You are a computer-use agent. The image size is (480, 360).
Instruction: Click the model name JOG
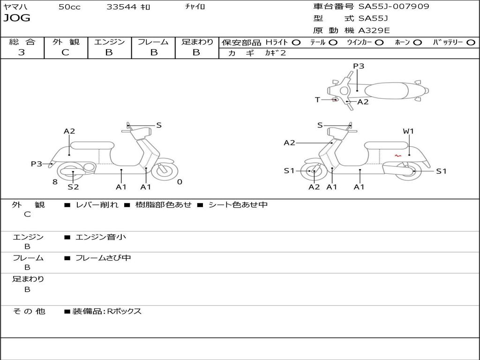(x=16, y=19)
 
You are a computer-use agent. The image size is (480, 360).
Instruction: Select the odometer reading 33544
(x=121, y=7)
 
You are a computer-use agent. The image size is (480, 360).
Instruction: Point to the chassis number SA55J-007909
(x=393, y=7)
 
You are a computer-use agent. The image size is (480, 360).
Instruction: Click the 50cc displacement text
(x=69, y=7)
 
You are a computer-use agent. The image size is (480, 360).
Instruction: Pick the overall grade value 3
(x=22, y=52)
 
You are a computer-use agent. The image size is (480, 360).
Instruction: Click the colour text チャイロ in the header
(x=195, y=7)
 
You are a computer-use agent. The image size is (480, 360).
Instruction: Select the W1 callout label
(x=408, y=131)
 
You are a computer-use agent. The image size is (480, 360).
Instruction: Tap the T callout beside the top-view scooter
(x=317, y=100)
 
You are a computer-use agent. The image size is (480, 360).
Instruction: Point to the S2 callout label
(x=73, y=187)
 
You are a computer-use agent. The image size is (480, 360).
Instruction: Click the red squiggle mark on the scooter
(x=397, y=156)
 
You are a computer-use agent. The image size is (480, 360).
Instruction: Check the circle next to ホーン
(x=418, y=43)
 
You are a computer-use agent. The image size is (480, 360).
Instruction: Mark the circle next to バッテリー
(x=471, y=43)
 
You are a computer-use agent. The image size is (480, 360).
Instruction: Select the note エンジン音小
(x=100, y=237)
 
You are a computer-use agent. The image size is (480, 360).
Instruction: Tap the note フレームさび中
(x=103, y=258)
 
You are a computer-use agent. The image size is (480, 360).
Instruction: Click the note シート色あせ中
(x=238, y=205)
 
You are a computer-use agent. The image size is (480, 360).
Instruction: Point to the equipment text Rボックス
(x=124, y=311)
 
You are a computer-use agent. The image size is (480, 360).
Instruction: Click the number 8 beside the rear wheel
(x=55, y=182)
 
